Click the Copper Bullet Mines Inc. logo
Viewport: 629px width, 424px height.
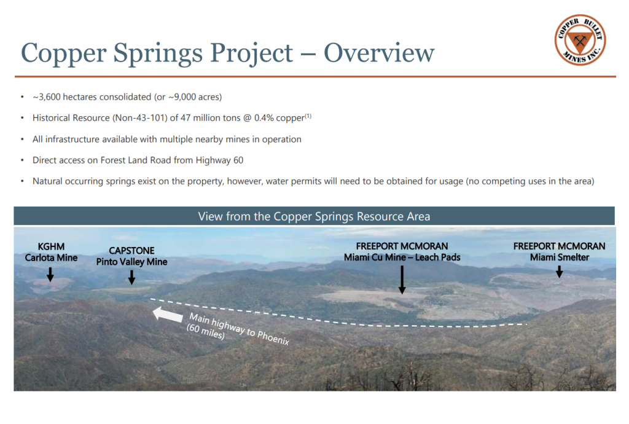coord(580,40)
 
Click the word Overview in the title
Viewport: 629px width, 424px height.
coord(378,53)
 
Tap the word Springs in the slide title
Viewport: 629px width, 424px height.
coord(158,53)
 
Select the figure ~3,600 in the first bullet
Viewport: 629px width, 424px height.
coord(46,97)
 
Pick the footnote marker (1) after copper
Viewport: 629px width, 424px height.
coord(308,116)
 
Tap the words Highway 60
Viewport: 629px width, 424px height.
coord(219,160)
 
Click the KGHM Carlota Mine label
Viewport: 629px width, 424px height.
coord(51,252)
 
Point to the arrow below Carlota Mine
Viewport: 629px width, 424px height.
coord(50,275)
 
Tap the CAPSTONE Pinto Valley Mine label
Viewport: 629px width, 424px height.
coord(131,256)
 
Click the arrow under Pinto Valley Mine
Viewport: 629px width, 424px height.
coord(131,277)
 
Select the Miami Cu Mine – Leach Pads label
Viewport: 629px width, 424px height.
coord(402,257)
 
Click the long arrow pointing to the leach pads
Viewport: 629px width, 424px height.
coord(402,280)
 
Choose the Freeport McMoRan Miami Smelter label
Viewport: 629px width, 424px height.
coord(559,252)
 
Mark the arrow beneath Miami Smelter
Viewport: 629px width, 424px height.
coord(559,272)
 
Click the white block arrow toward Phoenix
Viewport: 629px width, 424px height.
coord(168,315)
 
